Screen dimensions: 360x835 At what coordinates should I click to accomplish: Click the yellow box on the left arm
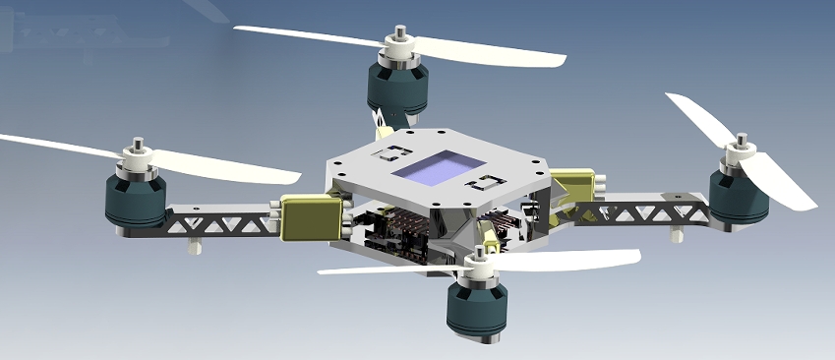pyautogui.click(x=312, y=217)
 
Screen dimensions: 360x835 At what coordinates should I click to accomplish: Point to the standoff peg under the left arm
pyautogui.click(x=196, y=242)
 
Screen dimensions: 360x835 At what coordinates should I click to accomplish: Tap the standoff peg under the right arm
pyautogui.click(x=676, y=234)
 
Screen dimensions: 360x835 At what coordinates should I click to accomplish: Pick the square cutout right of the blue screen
pyautogui.click(x=486, y=183)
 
